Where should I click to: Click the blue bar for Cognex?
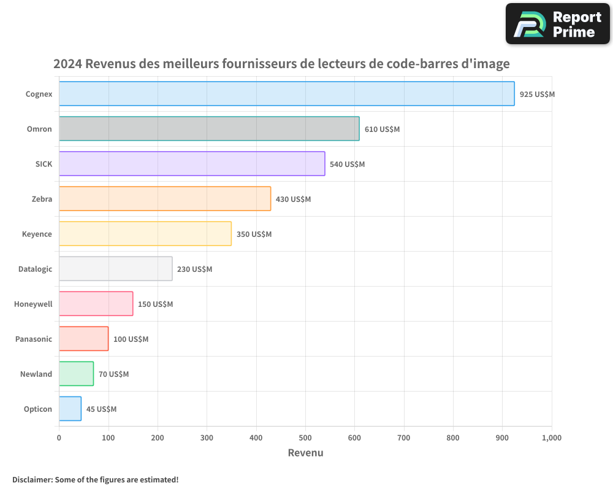point(286,94)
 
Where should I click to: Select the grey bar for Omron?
point(209,129)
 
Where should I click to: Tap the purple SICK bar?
point(192,164)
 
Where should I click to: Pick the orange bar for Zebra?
point(165,199)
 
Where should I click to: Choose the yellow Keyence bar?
point(145,234)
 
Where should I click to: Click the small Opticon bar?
point(70,409)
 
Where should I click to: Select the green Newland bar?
point(76,374)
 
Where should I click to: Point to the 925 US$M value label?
point(537,95)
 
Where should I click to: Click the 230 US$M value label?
point(194,269)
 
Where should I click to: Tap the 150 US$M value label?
point(155,304)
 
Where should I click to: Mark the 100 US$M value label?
point(131,339)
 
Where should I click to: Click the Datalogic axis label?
point(35,269)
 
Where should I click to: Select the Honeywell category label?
point(33,304)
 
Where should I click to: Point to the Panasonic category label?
point(34,339)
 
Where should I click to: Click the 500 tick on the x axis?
point(305,438)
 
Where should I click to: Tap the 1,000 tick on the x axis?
point(551,438)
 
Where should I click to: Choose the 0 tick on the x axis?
point(59,438)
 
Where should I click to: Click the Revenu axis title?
point(305,453)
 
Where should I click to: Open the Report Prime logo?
point(557,24)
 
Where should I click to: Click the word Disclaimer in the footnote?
point(31,479)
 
